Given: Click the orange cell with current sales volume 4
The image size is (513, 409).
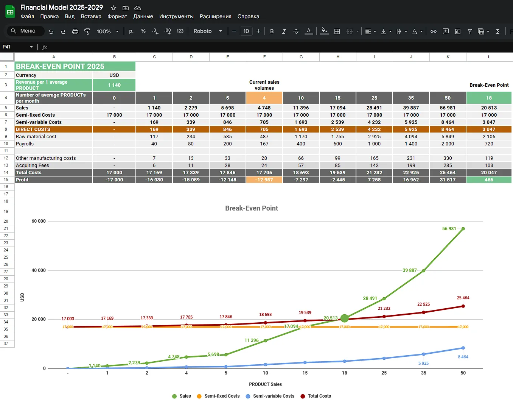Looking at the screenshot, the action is coord(264,98).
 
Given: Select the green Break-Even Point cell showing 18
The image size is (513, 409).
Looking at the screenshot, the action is coord(489,98).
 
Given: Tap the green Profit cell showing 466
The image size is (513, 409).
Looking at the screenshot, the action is coord(489,180).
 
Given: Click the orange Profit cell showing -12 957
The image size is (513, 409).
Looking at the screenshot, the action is coord(264,180).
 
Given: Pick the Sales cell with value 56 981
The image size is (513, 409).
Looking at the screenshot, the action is coord(448,108).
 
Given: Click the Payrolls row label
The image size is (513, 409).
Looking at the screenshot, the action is coord(25,144).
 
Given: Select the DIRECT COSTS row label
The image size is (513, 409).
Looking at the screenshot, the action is coord(33,130).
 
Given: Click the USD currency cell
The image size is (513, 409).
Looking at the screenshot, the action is coord(114,75).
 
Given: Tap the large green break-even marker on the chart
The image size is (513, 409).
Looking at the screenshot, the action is coord(345,318).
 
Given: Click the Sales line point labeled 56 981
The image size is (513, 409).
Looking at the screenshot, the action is coord(463,229).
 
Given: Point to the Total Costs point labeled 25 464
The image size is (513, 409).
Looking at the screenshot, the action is coord(463,306).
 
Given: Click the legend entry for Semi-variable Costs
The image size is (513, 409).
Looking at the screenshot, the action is coord(270,396).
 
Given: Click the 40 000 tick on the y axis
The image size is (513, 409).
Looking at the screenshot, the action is coord(39,270).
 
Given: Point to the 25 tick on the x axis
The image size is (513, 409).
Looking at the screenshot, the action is coord(384,373).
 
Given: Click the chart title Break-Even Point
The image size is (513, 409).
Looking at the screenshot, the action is coord(252,208).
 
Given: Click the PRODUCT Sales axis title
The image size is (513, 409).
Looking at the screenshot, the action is coord(265,384).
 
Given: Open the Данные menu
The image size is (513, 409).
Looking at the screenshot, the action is coord(143,16).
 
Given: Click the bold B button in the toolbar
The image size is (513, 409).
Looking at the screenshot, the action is coord(272,31).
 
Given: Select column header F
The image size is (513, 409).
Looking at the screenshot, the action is coord(264,57).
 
